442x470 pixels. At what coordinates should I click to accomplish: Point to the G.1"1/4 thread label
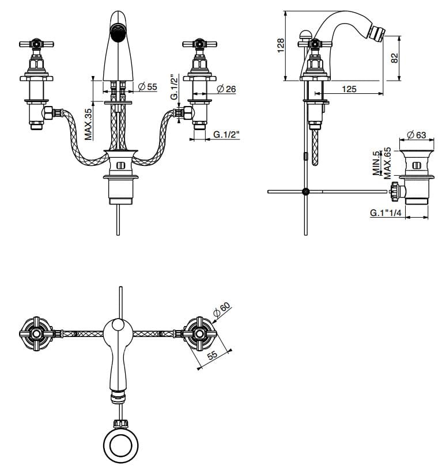pos(386,213)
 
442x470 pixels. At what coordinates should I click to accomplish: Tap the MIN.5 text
pos(376,163)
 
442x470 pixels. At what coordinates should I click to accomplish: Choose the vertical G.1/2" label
pos(173,87)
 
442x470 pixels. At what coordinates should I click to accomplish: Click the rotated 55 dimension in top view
pos(212,356)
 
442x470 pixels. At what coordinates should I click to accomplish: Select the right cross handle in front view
pos(199,44)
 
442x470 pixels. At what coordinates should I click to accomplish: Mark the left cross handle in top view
pos(36,333)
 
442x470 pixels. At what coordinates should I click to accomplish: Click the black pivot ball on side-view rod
pos(305,191)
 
